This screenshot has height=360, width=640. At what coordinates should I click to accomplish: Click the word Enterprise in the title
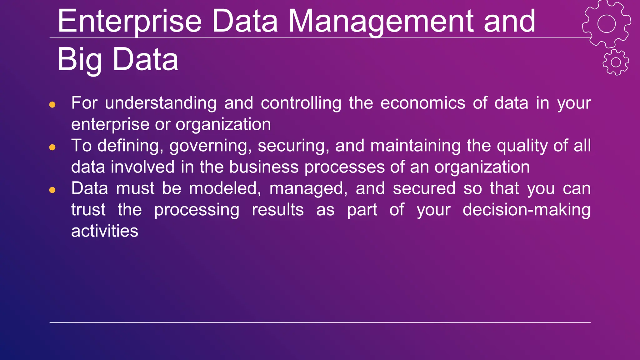pos(129,21)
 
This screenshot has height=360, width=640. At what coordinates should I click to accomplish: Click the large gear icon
pos(606,24)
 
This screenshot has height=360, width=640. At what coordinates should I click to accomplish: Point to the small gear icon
pos(616,62)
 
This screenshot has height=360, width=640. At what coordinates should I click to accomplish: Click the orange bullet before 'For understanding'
pos(52,104)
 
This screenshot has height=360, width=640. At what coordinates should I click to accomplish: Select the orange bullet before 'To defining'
pos(52,147)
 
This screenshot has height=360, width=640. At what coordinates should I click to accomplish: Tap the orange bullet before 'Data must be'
pos(52,190)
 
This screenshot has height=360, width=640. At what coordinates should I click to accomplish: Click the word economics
pos(423,103)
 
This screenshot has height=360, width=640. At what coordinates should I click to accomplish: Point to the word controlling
pos(301,103)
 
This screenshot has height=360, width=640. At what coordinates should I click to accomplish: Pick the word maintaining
pos(415,146)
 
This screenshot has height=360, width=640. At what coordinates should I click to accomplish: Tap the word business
pos(264,167)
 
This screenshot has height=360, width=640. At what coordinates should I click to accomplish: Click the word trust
pos(88,210)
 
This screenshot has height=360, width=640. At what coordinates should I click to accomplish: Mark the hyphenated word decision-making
pos(527,210)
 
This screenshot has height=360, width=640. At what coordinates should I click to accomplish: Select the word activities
pos(105,231)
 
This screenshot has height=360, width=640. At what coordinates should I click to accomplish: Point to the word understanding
pos(161,103)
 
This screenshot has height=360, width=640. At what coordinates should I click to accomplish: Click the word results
pos(278,210)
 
